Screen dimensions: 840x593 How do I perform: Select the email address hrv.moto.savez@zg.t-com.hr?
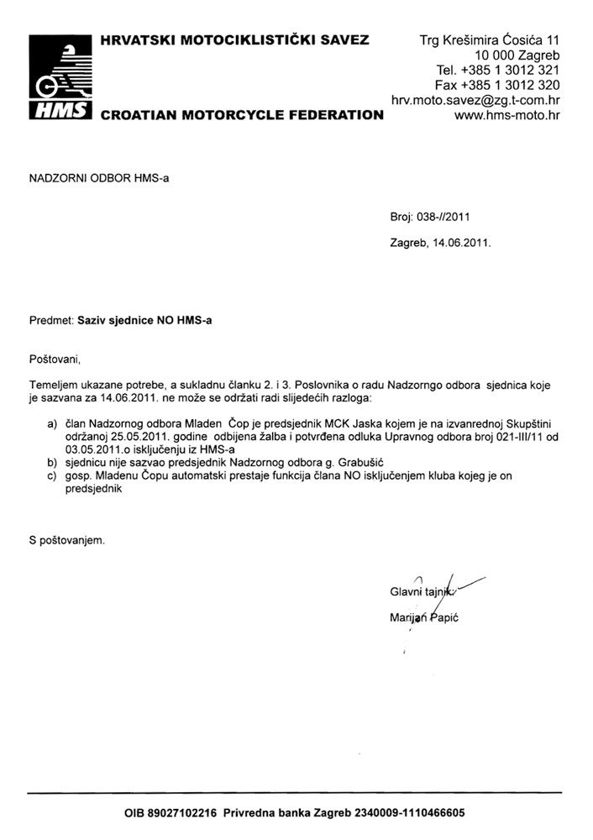pyautogui.click(x=475, y=100)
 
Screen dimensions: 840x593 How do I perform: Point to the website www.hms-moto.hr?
pyautogui.click(x=506, y=115)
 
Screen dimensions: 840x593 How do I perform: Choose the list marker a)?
pyautogui.click(x=52, y=427)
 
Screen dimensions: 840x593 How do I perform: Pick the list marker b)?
pyautogui.click(x=52, y=462)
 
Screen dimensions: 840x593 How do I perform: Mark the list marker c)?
pyautogui.click(x=52, y=475)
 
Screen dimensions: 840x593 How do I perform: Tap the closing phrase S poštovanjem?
pyautogui.click(x=67, y=540)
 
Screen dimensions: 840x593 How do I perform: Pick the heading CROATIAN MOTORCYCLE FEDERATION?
pyautogui.click(x=242, y=115)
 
